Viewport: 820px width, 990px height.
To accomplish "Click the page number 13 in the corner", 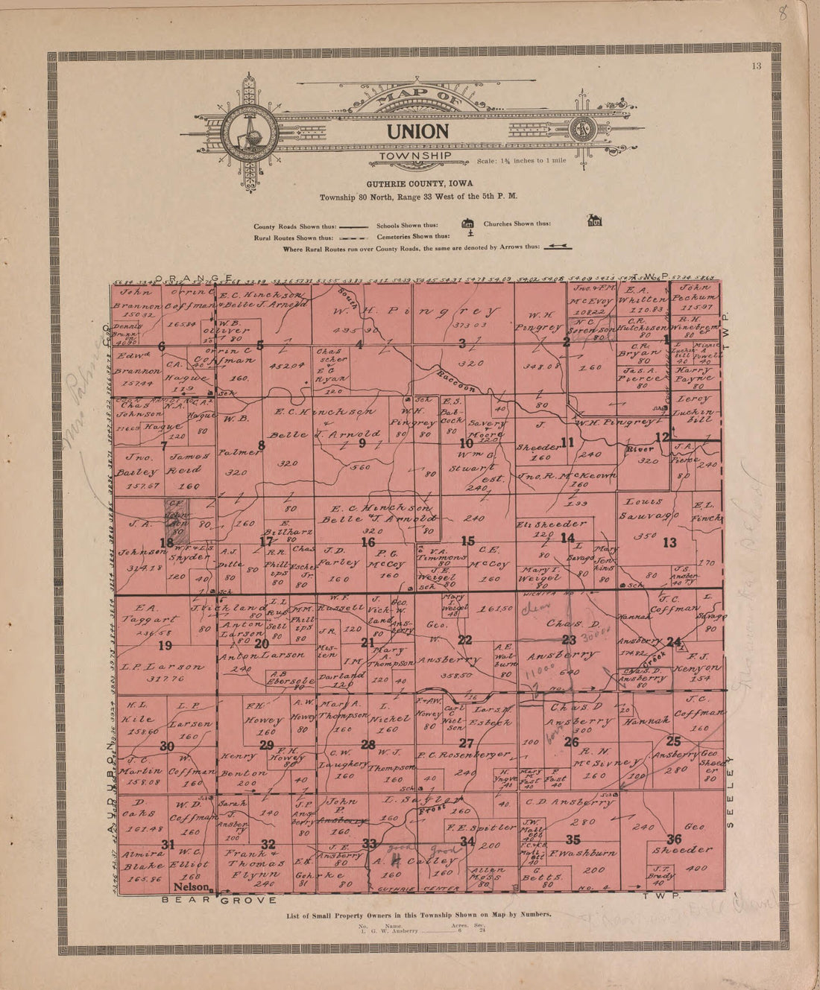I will [x=757, y=66].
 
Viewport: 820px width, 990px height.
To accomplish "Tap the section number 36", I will [x=673, y=837].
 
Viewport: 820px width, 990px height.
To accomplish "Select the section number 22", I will [x=464, y=640].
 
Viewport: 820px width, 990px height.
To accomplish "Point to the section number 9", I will [x=362, y=443].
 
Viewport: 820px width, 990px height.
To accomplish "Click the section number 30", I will [x=167, y=746].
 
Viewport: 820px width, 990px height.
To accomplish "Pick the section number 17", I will [x=266, y=542].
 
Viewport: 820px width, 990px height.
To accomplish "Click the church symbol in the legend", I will [x=594, y=220].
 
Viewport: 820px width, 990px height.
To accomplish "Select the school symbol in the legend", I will [x=468, y=223].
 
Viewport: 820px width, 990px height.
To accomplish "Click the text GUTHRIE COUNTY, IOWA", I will [x=418, y=183].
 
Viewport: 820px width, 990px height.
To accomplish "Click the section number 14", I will [x=568, y=538].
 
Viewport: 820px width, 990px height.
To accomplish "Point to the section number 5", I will [x=259, y=345].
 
